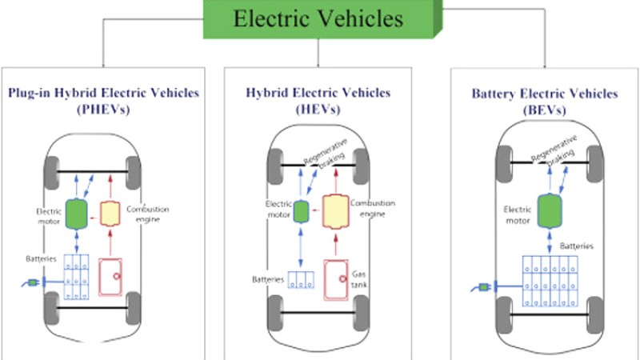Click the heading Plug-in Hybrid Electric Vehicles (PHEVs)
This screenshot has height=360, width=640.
105,100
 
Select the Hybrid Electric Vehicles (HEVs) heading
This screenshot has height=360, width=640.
318,100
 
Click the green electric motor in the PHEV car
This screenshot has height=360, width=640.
76,213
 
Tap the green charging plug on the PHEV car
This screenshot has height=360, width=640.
34,282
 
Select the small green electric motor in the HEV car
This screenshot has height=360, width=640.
302,212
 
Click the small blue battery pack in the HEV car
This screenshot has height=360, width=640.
302,280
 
